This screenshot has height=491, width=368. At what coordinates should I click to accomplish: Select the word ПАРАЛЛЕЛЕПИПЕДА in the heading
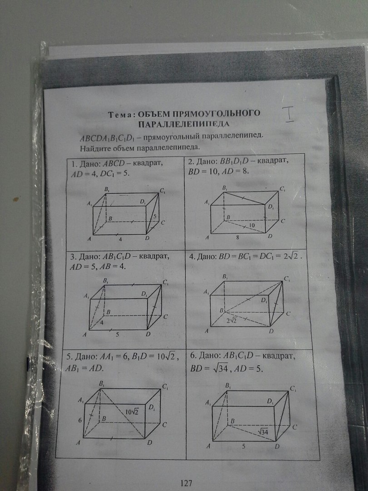184,124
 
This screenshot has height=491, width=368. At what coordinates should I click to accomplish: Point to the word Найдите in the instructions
95,148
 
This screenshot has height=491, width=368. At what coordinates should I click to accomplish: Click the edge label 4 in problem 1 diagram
119,238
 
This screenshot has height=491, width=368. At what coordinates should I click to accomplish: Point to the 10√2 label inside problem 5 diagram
132,411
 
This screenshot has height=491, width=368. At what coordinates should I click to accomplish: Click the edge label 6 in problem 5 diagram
80,421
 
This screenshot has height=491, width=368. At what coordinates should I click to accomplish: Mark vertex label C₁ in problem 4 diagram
287,279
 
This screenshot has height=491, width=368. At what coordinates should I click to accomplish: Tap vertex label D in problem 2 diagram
270,237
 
